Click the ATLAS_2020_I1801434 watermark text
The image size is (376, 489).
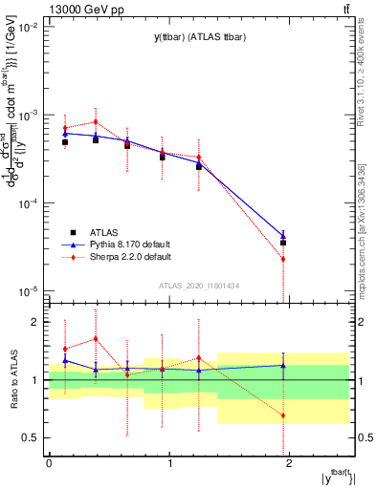click(200, 285)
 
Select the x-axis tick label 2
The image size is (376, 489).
click(291, 463)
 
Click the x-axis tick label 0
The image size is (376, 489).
click(49, 463)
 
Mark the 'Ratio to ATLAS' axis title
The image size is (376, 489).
click(12, 379)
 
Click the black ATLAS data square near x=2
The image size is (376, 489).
click(283, 243)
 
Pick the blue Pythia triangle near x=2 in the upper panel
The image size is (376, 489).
click(283, 235)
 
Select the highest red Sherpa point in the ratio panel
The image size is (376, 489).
click(96, 339)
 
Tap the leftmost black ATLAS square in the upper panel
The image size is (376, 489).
click(65, 142)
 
